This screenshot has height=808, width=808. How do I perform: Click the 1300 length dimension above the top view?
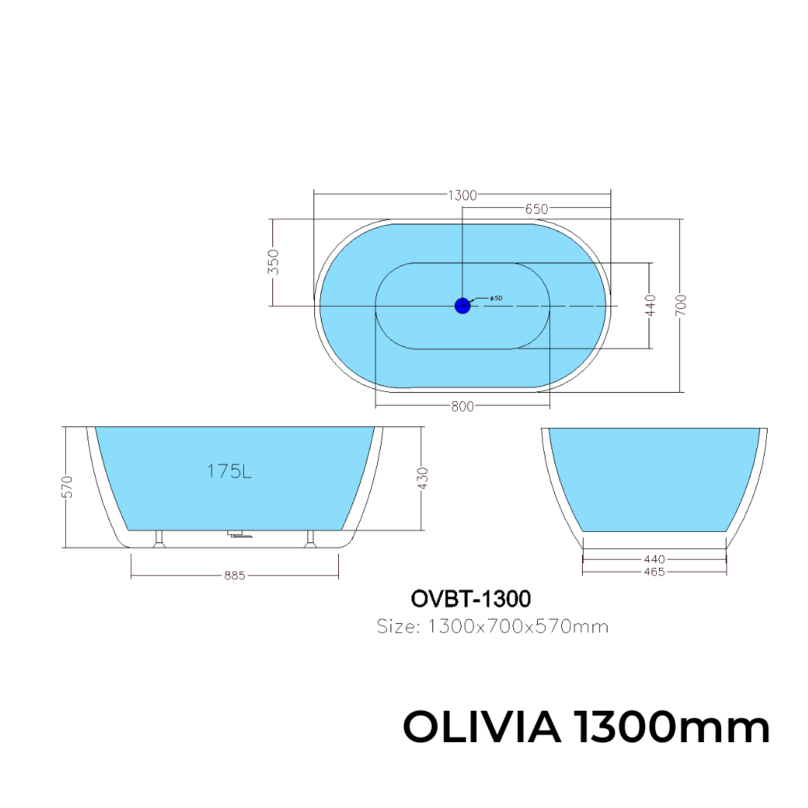[x=462, y=195]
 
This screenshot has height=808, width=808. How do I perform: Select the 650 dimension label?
[x=536, y=209]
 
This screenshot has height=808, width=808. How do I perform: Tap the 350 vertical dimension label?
[x=274, y=263]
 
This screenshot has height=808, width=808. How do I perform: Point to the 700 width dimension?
[x=680, y=304]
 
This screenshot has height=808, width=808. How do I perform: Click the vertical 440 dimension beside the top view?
[x=650, y=305]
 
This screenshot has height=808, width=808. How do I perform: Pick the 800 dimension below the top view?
[x=462, y=407]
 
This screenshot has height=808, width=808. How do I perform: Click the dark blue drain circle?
[x=462, y=305]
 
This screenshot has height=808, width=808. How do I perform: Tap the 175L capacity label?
[x=228, y=471]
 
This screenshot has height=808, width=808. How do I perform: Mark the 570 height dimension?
[x=67, y=486]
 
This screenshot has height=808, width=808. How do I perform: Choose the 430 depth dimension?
[x=423, y=479]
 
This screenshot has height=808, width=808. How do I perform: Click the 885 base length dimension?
[x=234, y=575]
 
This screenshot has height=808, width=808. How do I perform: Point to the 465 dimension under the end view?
[x=653, y=572]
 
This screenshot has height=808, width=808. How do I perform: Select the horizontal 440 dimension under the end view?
[x=653, y=559]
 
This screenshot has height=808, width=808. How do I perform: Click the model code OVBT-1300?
[x=471, y=599]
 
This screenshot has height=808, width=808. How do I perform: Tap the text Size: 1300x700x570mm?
[x=492, y=626]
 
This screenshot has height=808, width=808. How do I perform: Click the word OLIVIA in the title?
[x=483, y=726]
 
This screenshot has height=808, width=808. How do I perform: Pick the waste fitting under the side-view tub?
[x=239, y=535]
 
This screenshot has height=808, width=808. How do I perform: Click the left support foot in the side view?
[x=158, y=539]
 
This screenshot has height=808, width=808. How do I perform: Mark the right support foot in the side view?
[x=310, y=539]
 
